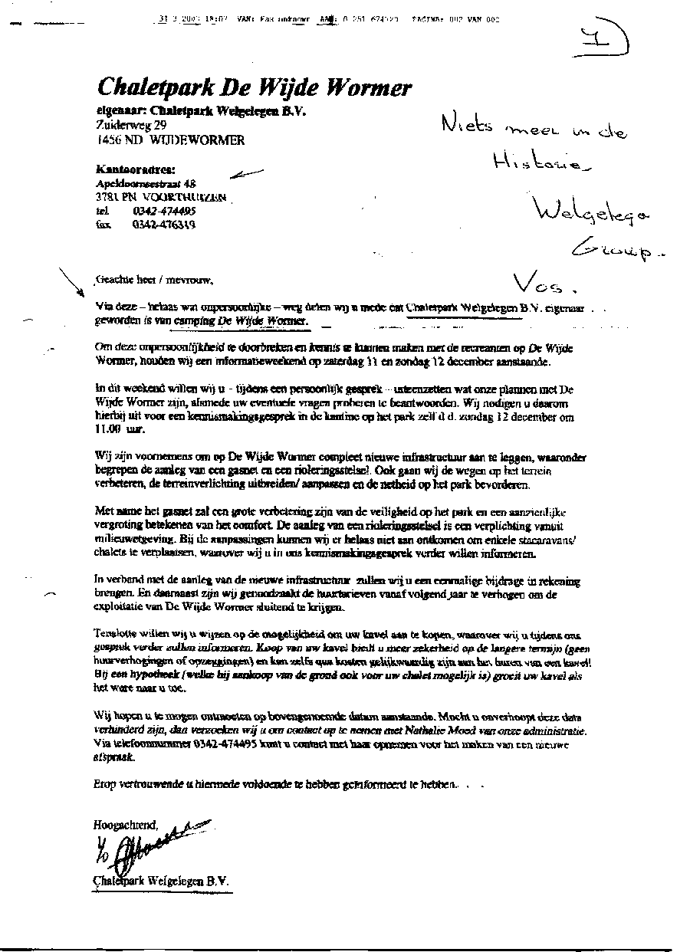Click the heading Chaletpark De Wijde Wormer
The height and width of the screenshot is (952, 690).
[x=254, y=87]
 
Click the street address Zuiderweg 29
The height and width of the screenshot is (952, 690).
[x=131, y=125]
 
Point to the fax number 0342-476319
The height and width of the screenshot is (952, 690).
[x=163, y=225]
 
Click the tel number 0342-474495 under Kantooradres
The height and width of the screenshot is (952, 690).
[x=163, y=211]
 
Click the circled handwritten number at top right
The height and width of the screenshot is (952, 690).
[x=604, y=38]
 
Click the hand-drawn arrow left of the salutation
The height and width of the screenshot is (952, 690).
[x=74, y=281]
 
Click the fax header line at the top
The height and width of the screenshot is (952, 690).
[x=326, y=19]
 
